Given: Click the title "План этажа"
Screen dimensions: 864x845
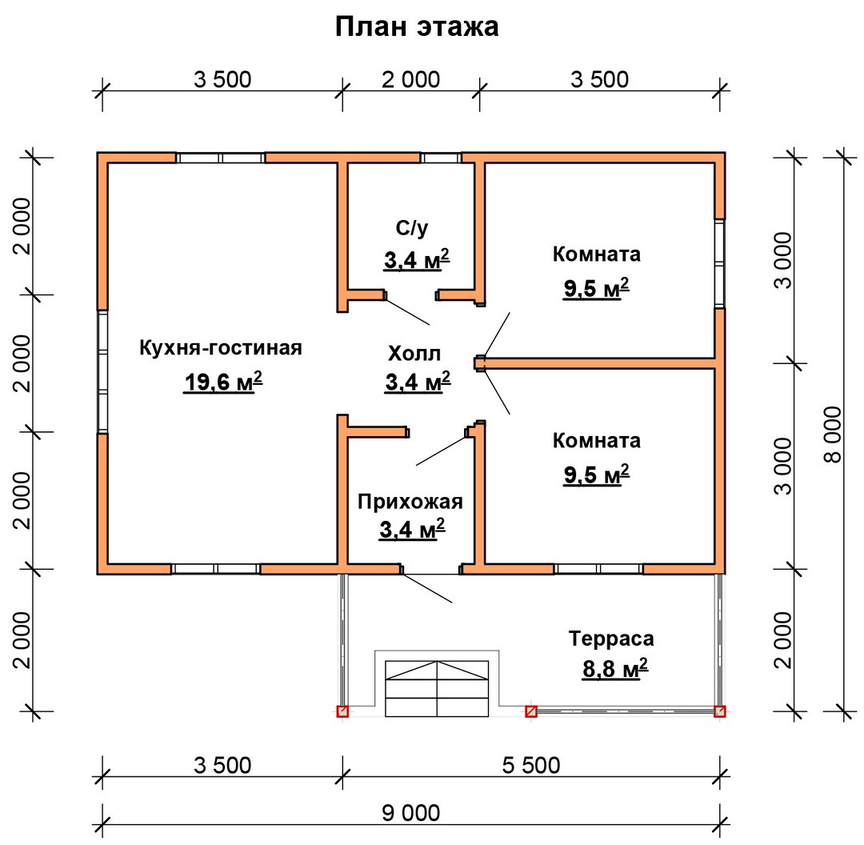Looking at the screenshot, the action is pos(417,26).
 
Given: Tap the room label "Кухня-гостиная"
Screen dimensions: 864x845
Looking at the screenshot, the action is pos(221,348).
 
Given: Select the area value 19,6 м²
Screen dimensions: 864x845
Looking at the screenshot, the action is pos(222,382).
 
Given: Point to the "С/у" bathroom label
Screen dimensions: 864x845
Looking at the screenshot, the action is pos(412,227).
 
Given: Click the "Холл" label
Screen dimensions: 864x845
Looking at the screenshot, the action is pos(414,354).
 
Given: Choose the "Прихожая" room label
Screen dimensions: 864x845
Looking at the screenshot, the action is pos(410,502).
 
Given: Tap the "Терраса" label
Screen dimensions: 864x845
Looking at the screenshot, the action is pos(611,639).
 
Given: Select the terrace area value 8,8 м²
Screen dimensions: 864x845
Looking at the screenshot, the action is pos(615,669).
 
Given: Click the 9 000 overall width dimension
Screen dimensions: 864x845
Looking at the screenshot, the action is pos(411,813).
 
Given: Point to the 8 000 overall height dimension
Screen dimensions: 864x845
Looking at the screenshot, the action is pos(833,435).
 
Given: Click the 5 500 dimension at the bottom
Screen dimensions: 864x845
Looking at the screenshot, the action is pos(531,765).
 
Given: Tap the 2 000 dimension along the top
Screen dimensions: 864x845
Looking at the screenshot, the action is pos(411,79).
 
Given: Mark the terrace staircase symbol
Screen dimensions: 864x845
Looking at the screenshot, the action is pos(437,688).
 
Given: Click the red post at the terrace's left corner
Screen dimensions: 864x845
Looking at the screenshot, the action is pos(342,711).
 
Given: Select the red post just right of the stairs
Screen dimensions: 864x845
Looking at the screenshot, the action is pos(531,711).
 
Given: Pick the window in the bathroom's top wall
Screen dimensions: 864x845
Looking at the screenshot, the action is pos(441,158).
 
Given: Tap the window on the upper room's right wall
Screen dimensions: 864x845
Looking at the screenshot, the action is pos(720,263).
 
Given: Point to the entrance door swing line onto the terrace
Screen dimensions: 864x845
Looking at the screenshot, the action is pos(427,588).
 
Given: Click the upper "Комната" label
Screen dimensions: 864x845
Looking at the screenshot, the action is pos(597,254).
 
